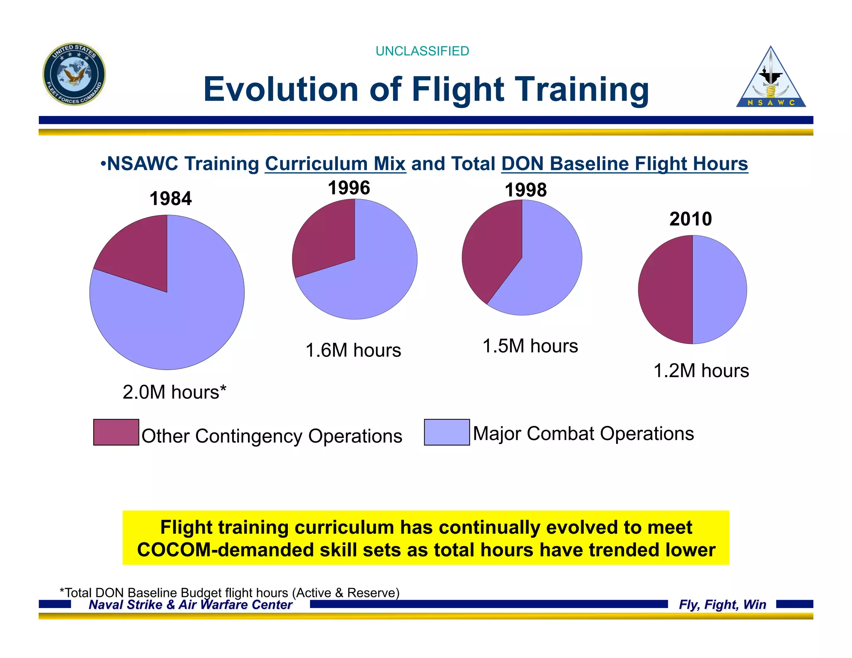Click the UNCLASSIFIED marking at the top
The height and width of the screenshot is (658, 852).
pyautogui.click(x=422, y=51)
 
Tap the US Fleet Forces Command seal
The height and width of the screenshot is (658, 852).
pyautogui.click(x=74, y=74)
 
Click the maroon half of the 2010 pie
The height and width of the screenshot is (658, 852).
pyautogui.click(x=666, y=289)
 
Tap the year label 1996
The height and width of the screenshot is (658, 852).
pyautogui.click(x=349, y=188)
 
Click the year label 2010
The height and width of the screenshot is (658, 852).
pyautogui.click(x=691, y=219)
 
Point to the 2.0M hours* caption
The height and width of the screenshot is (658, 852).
pyautogui.click(x=174, y=392)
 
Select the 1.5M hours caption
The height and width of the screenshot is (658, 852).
pyautogui.click(x=530, y=346)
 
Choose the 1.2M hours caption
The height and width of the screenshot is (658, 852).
pyautogui.click(x=701, y=371)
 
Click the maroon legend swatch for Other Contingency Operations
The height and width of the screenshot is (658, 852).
pyautogui.click(x=116, y=432)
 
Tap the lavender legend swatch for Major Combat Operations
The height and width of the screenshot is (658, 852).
pyautogui.click(x=447, y=432)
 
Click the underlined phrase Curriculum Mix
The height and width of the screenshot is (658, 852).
pyautogui.click(x=335, y=164)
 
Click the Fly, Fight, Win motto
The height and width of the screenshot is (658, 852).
pyautogui.click(x=722, y=604)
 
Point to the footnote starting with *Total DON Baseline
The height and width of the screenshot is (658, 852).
pyautogui.click(x=229, y=592)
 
